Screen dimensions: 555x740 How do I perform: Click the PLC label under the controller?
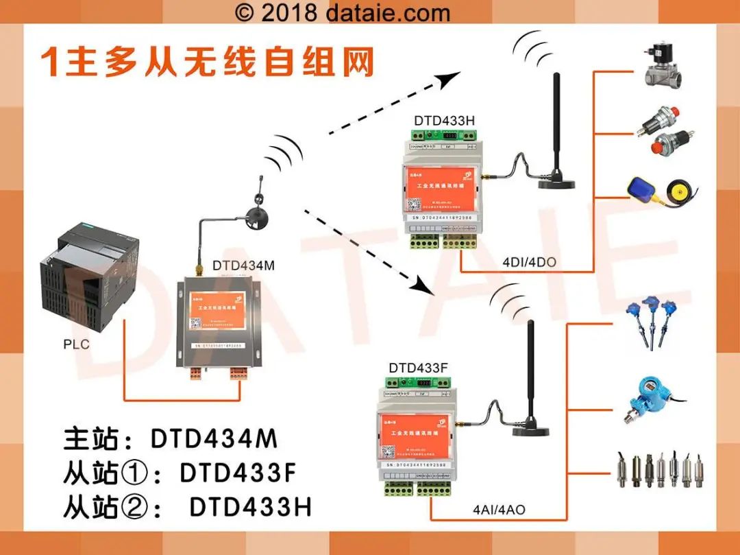76,344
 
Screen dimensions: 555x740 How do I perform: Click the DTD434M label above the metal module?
243,265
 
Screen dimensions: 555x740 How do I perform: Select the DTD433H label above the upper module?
444,121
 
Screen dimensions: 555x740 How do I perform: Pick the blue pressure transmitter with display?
645,397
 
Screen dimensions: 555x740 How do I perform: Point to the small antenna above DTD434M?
260,206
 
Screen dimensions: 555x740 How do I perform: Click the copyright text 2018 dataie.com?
343,12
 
